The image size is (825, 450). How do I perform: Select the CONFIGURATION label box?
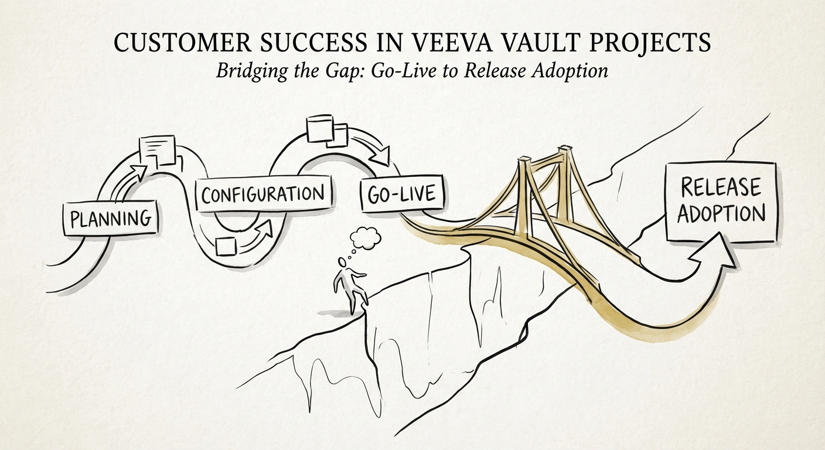pyautogui.click(x=262, y=193)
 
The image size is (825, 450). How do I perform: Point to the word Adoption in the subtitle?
pyautogui.click(x=571, y=71)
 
